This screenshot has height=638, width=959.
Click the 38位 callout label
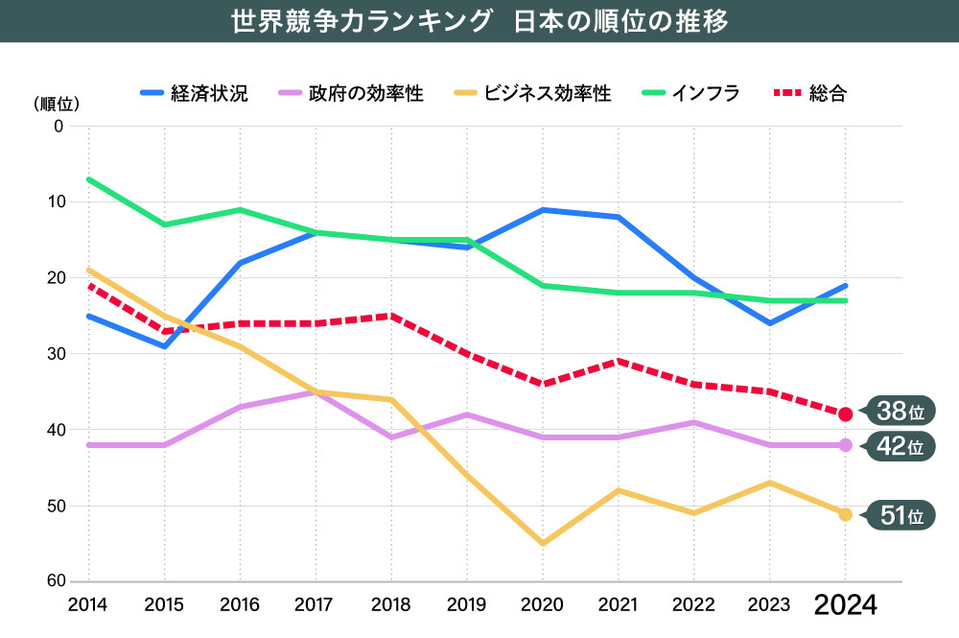tap(900, 412)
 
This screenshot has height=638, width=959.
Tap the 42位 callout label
tap(900, 446)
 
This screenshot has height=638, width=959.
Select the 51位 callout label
tap(900, 515)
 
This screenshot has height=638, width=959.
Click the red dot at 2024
tap(845, 414)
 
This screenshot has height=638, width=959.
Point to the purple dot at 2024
tap(845, 445)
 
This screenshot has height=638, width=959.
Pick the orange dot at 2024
tap(845, 514)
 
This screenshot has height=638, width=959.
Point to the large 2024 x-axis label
tap(845, 605)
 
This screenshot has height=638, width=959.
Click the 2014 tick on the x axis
tap(88, 604)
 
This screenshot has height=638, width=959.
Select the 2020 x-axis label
tap(543, 604)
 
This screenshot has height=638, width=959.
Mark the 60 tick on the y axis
tap(54, 582)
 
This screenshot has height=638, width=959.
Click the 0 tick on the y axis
tap(58, 126)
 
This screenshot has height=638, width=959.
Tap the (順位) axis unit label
tap(57, 103)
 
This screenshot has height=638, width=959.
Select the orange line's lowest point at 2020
tap(543, 544)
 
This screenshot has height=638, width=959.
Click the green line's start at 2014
tap(88, 179)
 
